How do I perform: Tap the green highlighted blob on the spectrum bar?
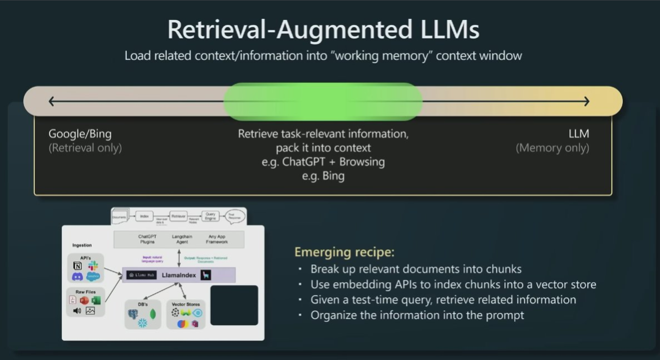(x=323, y=101)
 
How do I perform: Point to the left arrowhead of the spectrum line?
(x=51, y=101)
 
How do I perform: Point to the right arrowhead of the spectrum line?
(x=586, y=101)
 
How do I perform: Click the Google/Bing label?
(x=80, y=134)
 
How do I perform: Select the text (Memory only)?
(x=552, y=148)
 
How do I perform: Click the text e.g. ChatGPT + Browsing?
(x=323, y=162)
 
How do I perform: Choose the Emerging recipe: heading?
(x=344, y=252)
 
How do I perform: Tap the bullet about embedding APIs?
(x=453, y=284)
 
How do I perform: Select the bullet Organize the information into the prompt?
(x=417, y=315)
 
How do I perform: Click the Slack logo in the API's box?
(x=93, y=265)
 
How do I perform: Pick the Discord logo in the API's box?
(x=77, y=277)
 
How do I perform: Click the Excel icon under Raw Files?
(x=96, y=300)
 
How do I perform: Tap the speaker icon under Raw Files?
(x=77, y=310)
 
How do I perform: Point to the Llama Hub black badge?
(x=141, y=275)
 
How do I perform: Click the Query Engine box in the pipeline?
(x=211, y=216)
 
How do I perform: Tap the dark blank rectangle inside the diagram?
(x=234, y=305)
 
